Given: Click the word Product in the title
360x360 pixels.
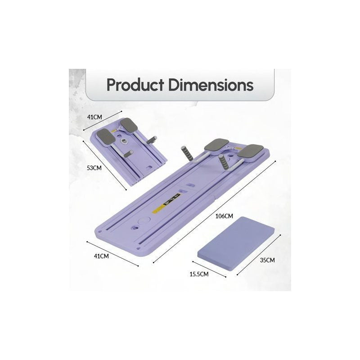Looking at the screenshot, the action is click(135, 85).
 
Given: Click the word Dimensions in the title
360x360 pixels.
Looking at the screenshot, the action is click(211, 85).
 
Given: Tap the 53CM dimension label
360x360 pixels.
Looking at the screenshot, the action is click(94, 168).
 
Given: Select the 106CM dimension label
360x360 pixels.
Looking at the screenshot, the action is click(224, 216).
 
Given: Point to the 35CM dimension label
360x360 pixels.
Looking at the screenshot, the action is click(267, 260).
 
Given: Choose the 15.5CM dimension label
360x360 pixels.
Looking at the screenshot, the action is click(199, 274).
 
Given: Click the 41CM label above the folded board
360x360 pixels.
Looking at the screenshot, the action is click(94, 117).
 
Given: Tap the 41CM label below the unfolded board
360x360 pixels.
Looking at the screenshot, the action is click(101, 256).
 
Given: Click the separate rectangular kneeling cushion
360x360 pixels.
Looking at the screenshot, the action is click(236, 243).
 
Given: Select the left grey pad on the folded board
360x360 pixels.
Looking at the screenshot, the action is click(106, 137).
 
